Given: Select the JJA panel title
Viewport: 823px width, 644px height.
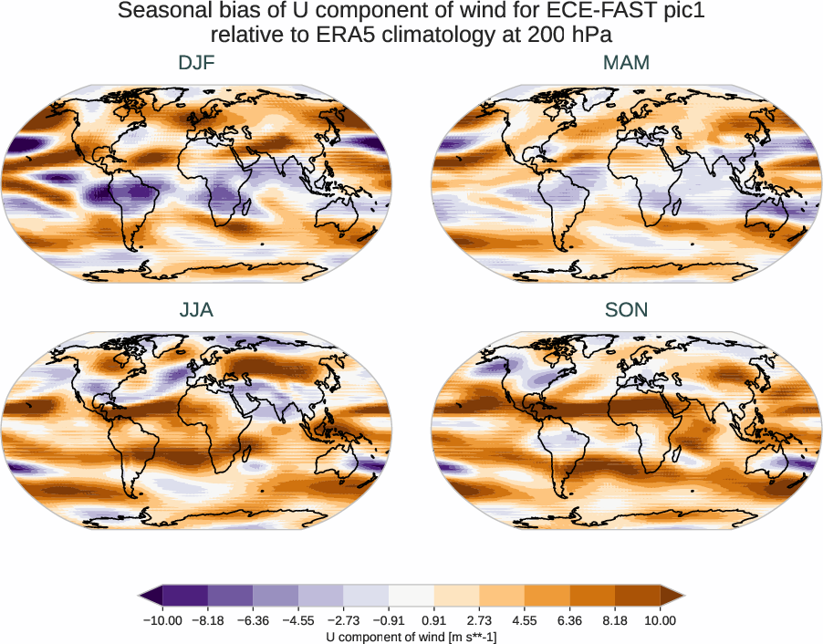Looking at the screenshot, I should point(196,310).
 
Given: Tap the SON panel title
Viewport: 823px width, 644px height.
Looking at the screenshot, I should point(626,310).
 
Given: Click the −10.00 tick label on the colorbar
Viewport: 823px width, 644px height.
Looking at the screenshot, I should point(162,620).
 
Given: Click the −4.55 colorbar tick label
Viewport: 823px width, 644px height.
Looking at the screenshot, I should point(298,620).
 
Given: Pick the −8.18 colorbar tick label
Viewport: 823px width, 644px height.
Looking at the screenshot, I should point(208,620).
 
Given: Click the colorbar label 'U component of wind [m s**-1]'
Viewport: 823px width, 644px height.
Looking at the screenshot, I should point(411,636).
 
